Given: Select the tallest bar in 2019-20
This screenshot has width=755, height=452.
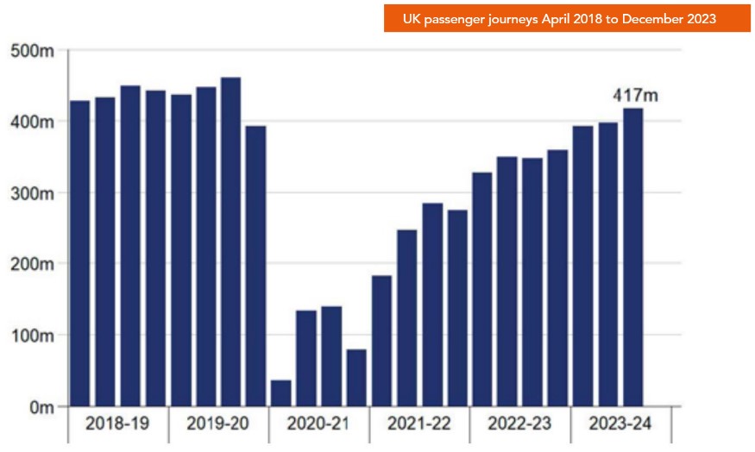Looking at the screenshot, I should (230, 242).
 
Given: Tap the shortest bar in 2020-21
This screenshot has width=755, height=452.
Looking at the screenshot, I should (280, 392).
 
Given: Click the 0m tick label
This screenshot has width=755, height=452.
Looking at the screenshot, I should (40, 406).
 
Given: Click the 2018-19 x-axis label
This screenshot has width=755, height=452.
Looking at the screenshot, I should (118, 424).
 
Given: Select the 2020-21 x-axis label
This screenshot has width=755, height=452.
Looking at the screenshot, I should (319, 424).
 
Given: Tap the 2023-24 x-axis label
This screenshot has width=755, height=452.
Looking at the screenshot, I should (620, 424).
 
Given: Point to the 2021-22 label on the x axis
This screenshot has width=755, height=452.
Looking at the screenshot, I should (419, 424).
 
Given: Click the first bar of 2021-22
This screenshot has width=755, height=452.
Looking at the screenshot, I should (381, 341).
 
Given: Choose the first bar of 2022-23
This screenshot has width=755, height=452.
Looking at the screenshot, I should (481, 289).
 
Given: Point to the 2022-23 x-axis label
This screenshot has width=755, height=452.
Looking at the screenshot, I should (520, 424).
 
